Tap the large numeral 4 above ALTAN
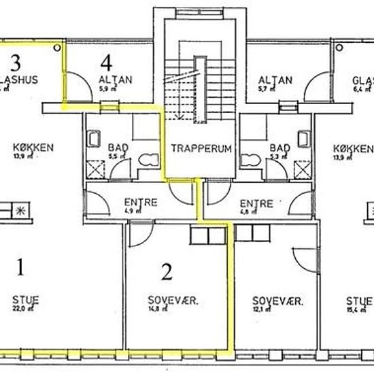coord(105,63)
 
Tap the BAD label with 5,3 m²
coord(279,148)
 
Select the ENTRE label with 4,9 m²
coord(141,203)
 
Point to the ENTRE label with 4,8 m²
coord(258,203)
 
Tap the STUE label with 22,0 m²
coord(25,299)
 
